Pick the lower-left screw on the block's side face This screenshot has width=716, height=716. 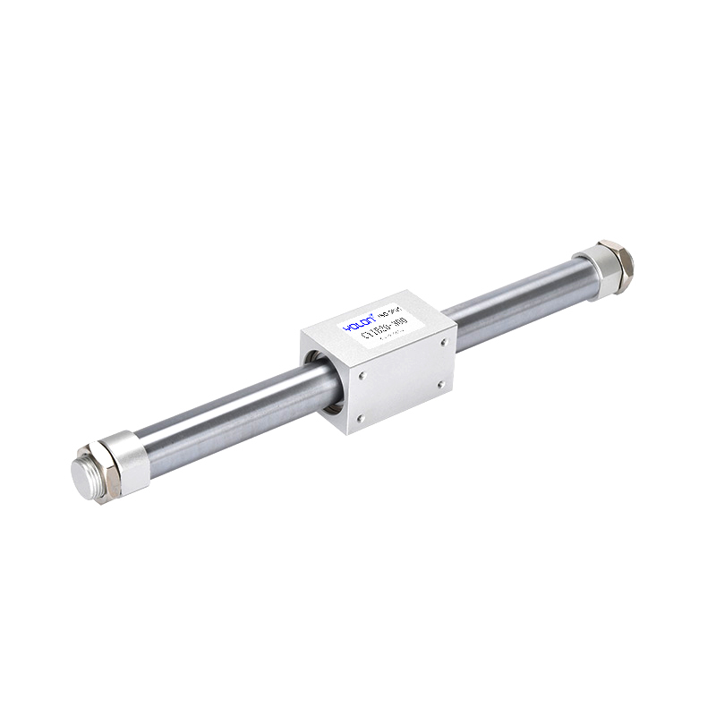click(x=360, y=417)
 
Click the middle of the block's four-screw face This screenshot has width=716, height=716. click(x=400, y=377)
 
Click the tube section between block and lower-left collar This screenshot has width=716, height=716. click(x=224, y=421)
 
